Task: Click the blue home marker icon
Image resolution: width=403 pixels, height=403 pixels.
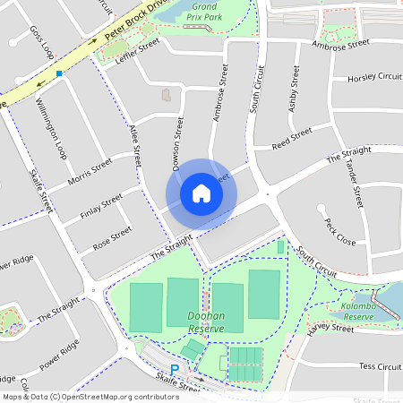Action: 201,193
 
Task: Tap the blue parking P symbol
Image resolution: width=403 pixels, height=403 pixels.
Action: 176,369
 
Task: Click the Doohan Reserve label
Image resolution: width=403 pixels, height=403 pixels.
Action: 206,322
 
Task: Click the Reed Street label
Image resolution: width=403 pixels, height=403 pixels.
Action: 291,137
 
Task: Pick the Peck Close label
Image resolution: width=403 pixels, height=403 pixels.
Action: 339,232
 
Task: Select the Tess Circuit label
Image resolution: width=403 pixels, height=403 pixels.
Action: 379,366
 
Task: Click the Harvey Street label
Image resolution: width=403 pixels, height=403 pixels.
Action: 330,329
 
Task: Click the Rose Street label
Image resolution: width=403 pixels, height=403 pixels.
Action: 112,237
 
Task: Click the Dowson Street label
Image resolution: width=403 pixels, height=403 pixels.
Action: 177,144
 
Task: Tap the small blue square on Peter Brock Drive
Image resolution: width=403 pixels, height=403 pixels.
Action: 59,73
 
